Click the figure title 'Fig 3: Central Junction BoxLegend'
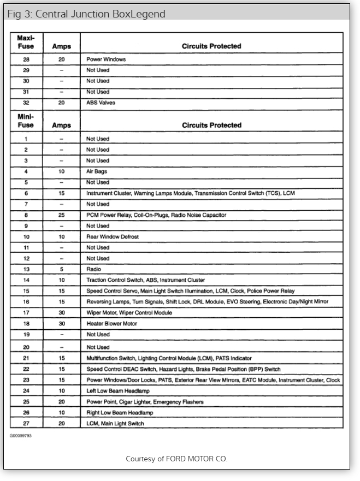[86, 14]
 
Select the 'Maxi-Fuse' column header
[26, 42]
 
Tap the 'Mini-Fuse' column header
[26, 121]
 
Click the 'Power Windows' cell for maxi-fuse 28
[106, 59]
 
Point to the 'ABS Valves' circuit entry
[101, 103]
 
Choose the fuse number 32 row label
[26, 103]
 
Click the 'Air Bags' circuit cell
[97, 171]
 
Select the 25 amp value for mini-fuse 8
[62, 215]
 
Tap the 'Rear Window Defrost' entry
[113, 236]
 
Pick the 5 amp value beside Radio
[62, 269]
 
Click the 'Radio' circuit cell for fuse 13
[94, 269]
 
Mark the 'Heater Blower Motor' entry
[112, 323]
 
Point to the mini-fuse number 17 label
[26, 313]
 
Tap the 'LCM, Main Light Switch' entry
[116, 424]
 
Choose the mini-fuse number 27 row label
[26, 424]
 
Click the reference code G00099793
[21, 436]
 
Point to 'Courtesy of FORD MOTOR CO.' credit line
[176, 459]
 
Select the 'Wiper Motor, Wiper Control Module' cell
[129, 313]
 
